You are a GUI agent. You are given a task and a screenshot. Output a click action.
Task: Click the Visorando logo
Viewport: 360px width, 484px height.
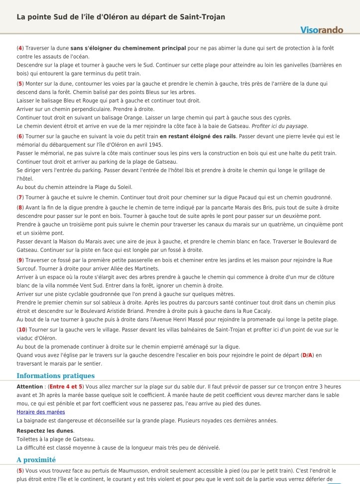322,30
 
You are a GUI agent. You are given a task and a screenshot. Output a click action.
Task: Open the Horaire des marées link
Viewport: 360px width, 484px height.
41,412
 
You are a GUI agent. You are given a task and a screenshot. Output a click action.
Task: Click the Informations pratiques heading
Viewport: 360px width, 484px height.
55,376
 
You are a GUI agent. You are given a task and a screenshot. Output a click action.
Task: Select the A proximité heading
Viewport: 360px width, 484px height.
36,460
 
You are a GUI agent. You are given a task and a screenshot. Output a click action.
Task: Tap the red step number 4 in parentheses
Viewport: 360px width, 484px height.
20,48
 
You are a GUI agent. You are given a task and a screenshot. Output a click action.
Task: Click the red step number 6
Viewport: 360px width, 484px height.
20,136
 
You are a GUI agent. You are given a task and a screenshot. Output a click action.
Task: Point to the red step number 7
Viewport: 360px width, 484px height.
20,197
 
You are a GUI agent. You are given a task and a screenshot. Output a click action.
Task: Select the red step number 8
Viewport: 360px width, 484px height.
20,207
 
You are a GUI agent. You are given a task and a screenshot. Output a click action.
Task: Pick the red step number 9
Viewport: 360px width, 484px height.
20,260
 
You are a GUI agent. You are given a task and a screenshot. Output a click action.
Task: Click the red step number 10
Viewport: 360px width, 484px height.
22,330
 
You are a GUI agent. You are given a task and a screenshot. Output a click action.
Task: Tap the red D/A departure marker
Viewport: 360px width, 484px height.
307,355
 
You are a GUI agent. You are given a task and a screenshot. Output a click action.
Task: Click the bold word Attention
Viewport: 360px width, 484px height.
30,387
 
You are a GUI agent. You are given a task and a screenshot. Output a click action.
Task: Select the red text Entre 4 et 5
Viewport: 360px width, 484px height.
66,387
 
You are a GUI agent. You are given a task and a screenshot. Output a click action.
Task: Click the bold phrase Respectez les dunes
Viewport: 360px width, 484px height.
45,430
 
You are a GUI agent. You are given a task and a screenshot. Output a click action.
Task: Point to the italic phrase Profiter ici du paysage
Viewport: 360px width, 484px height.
280,126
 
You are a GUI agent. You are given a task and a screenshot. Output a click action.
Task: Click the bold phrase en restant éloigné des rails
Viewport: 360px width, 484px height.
198,136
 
